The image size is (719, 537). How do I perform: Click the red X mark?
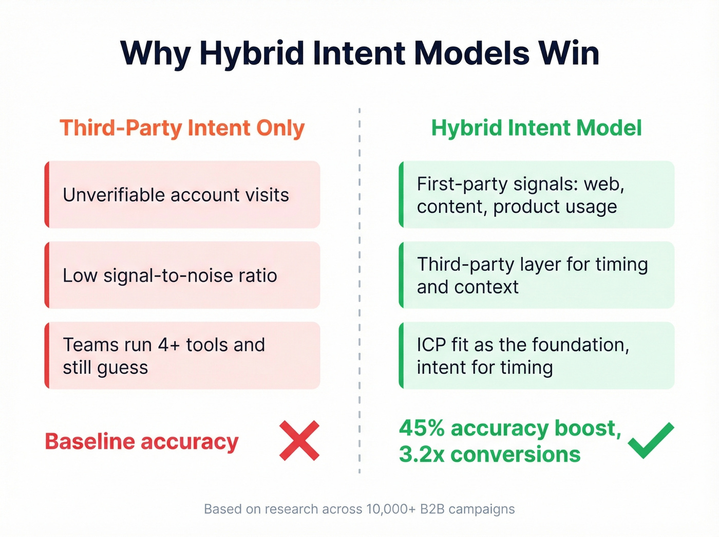coord(299,440)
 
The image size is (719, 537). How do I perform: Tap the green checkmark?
coord(651,440)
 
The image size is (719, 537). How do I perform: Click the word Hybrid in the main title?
coord(252,53)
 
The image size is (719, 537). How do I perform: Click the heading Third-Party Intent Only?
coord(182,128)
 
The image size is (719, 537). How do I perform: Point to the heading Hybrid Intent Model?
coord(536,128)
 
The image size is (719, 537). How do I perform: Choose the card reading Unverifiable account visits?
coord(182,195)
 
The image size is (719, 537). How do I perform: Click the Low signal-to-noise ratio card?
coord(182,275)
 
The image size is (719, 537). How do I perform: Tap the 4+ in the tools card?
coord(169,345)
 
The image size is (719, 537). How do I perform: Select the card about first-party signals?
coord(536,195)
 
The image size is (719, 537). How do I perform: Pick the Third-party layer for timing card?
coord(536,275)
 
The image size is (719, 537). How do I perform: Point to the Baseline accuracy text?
coord(142,441)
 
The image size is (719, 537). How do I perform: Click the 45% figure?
coord(422,428)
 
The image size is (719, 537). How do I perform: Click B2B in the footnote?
coord(432,509)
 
